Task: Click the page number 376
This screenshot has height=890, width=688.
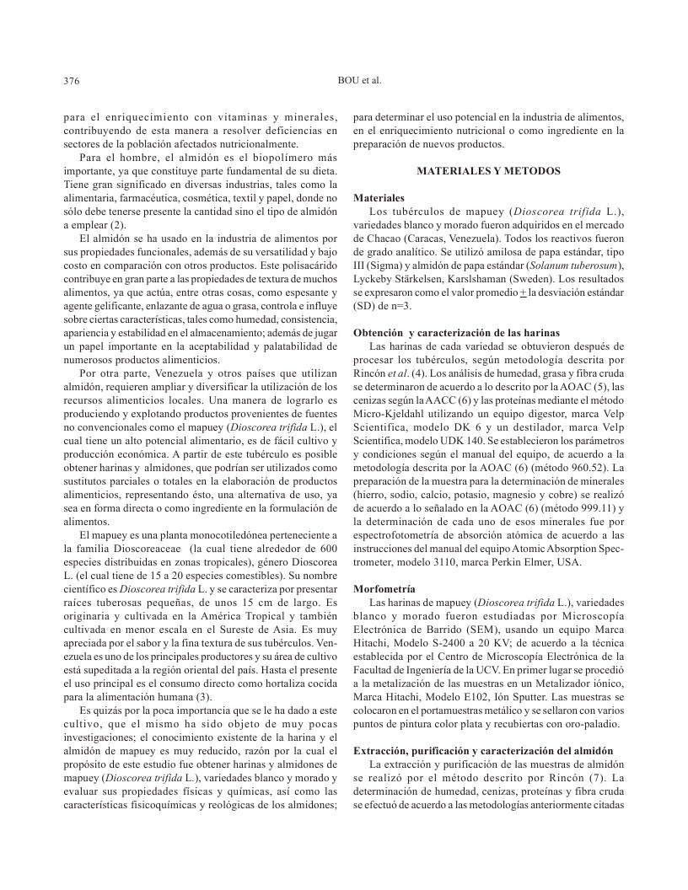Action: tap(72, 82)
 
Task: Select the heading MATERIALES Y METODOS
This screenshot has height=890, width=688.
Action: tap(489, 171)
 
